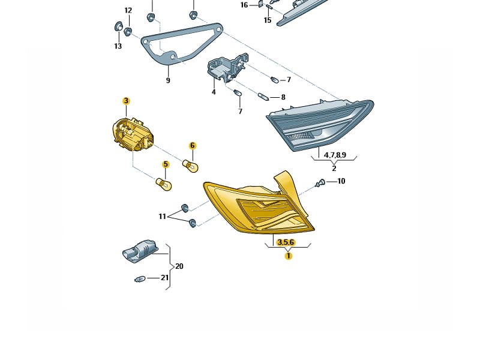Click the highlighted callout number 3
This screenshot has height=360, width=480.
[126, 101]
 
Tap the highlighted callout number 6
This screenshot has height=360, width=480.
[193, 145]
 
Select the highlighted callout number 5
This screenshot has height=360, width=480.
[166, 164]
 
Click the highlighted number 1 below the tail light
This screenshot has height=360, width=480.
[289, 256]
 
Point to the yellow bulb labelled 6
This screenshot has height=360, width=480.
[190, 166]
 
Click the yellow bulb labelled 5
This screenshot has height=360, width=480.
[164, 184]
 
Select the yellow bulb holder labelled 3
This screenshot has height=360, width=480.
[133, 134]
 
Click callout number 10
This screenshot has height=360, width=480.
[341, 181]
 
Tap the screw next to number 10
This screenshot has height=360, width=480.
[320, 184]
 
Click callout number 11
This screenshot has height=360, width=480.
[162, 217]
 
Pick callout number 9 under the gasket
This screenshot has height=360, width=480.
[168, 80]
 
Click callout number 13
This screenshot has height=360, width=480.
[118, 46]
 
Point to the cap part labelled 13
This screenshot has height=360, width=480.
[118, 26]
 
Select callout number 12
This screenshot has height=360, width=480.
[128, 10]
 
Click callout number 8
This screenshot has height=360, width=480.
[283, 97]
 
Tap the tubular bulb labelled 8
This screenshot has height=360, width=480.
[263, 97]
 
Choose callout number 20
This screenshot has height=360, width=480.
[179, 266]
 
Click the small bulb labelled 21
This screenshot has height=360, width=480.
[140, 279]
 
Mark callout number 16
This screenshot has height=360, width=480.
[244, 5]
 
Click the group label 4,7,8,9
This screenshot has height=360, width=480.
[335, 155]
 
